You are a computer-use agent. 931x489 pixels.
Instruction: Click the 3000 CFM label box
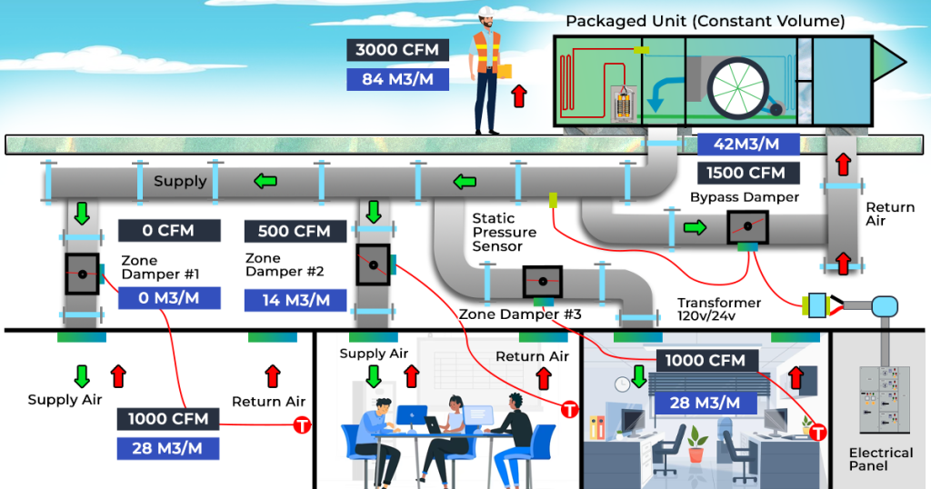click(x=396, y=50)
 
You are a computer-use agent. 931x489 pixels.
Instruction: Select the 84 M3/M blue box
click(x=396, y=79)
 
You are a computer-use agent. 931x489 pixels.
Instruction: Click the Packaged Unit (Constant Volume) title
click(x=705, y=20)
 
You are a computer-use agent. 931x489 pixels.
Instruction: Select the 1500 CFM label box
click(x=747, y=173)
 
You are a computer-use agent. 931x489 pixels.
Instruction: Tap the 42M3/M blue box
click(x=747, y=144)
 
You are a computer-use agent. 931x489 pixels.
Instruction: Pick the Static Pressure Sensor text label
click(x=504, y=233)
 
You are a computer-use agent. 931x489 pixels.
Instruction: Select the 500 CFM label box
click(x=294, y=231)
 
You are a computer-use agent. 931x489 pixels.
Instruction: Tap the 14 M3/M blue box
click(x=295, y=301)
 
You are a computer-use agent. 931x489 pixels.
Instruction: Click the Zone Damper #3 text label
click(x=519, y=314)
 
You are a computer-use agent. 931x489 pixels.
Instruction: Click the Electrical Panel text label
click(x=880, y=459)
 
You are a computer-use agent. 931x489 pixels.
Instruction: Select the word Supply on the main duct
click(x=180, y=182)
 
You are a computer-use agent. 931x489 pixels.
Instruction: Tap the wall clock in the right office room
click(x=622, y=384)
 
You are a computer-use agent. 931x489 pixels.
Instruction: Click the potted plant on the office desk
click(x=696, y=443)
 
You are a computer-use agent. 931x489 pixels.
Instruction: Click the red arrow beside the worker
click(x=518, y=95)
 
